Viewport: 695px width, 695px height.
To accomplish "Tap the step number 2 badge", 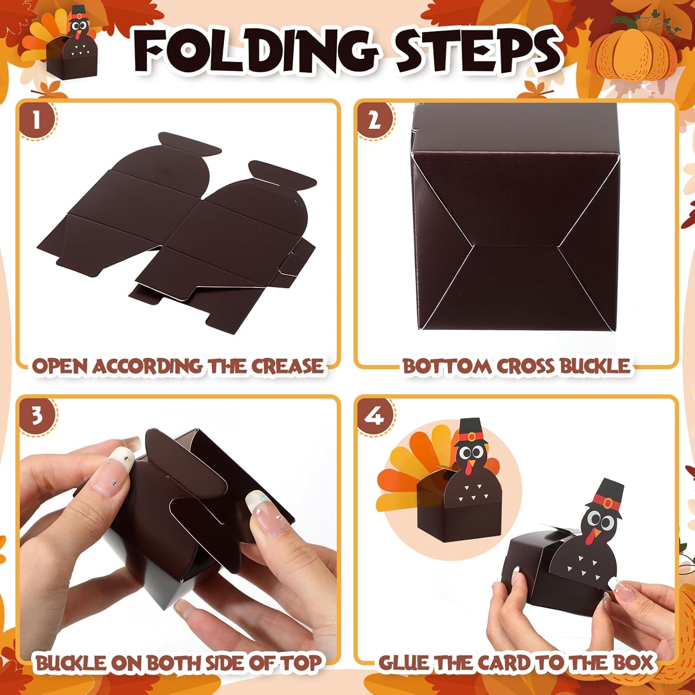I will point(374,120).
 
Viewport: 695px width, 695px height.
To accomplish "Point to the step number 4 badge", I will point(374,416).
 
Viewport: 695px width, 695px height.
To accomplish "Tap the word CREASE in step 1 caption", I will point(287,366).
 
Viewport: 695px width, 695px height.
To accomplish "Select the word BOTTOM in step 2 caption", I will point(447,366).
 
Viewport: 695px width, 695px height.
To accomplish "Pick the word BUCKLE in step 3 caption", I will point(72,663).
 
